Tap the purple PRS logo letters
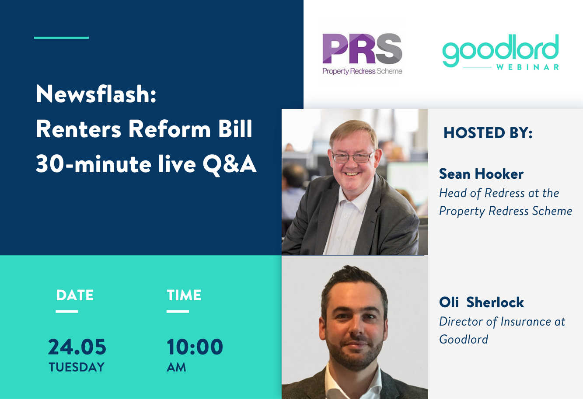pyautogui.click(x=362, y=49)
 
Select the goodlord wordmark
pyautogui.click(x=500, y=50)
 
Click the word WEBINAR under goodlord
pyautogui.click(x=527, y=67)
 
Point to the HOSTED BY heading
pyautogui.click(x=488, y=133)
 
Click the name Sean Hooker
pyautogui.click(x=481, y=174)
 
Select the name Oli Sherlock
pyautogui.click(x=482, y=302)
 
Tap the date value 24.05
pyautogui.click(x=77, y=347)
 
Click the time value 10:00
pyautogui.click(x=195, y=347)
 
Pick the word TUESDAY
pyautogui.click(x=77, y=367)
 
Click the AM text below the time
pyautogui.click(x=176, y=367)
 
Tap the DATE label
pyautogui.click(x=75, y=295)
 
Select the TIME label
pyautogui.click(x=184, y=295)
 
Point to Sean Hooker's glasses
pyautogui.click(x=353, y=157)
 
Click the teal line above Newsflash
pyautogui.click(x=61, y=38)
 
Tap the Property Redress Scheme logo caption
pyautogui.click(x=362, y=71)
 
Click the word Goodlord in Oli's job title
pyautogui.click(x=464, y=340)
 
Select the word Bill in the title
pyautogui.click(x=235, y=129)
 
